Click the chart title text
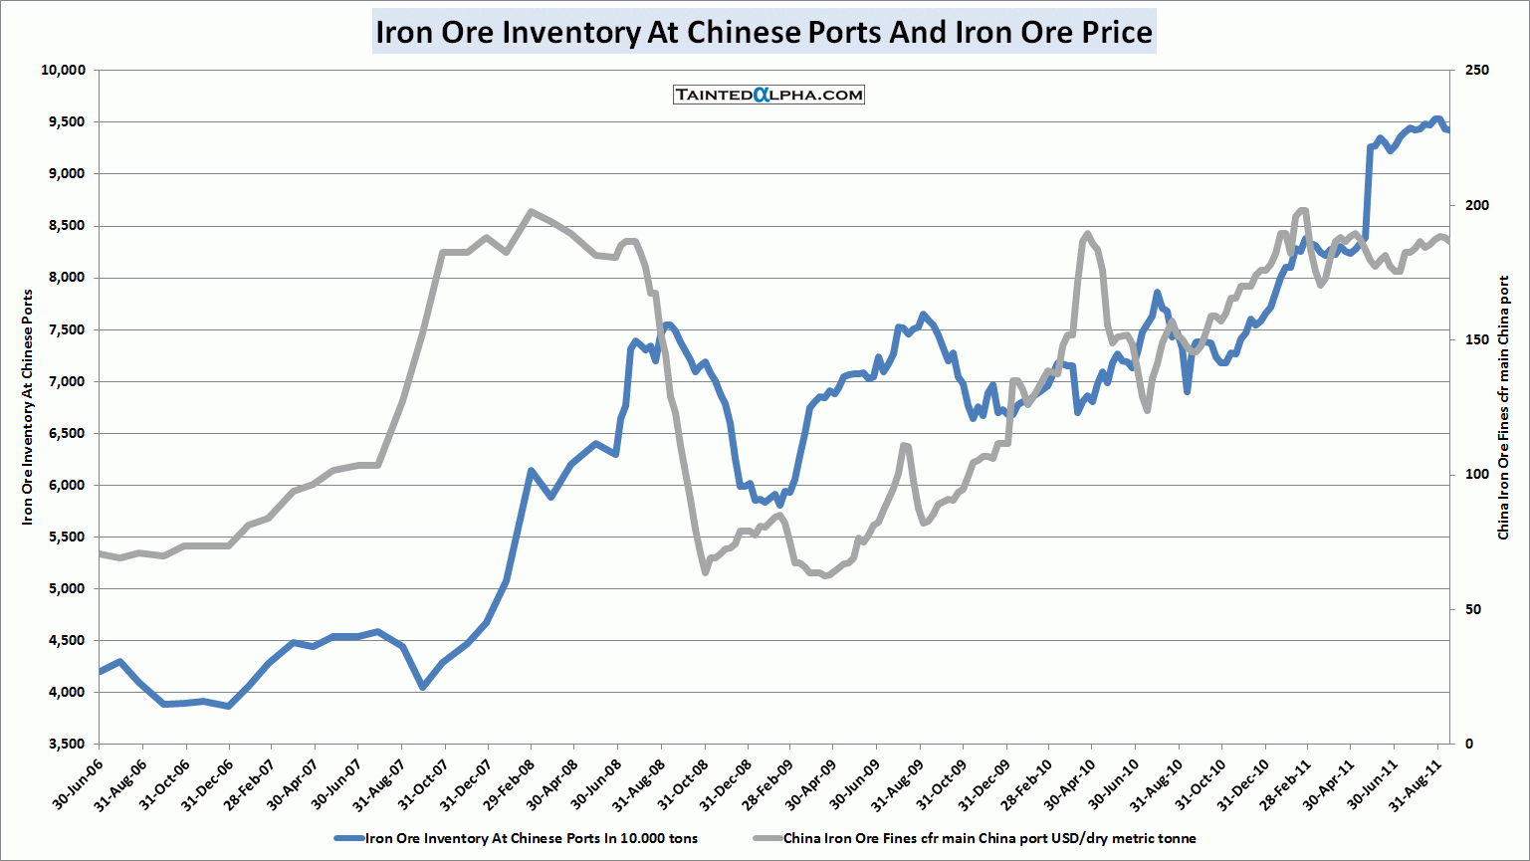[x=764, y=32]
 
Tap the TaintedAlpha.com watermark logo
[x=768, y=95]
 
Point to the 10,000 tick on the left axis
[x=64, y=70]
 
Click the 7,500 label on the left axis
[x=69, y=329]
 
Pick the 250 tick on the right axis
[x=1477, y=70]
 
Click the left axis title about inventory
[x=28, y=406]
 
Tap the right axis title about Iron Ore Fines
[x=1504, y=408]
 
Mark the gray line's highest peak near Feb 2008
[x=531, y=211]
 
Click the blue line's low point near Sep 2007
[x=423, y=687]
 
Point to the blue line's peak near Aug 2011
[x=1436, y=118]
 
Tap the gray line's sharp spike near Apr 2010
[x=1086, y=234]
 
